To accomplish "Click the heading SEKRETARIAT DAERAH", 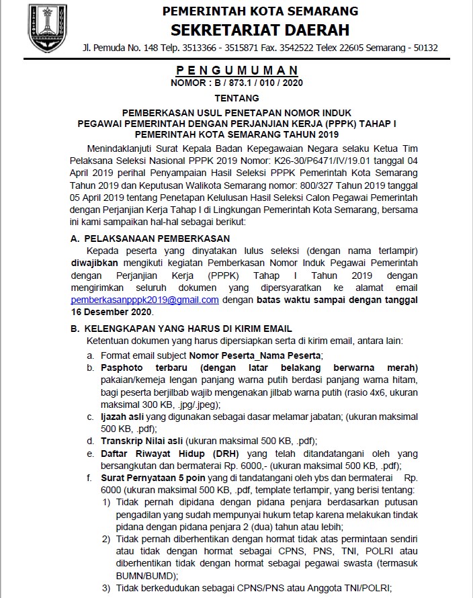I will point(260,30).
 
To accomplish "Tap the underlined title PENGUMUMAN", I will point(237,71).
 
